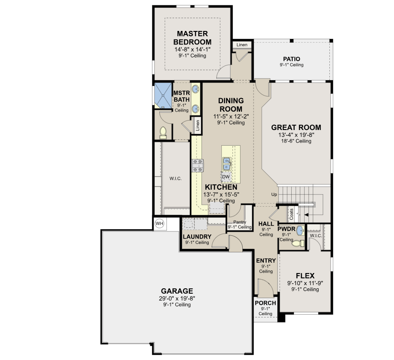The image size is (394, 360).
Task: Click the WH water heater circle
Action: point(159,223)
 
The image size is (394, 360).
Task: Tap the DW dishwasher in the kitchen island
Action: point(226,177)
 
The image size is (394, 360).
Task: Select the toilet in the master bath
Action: point(163,133)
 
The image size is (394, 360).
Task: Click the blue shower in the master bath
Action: point(162,95)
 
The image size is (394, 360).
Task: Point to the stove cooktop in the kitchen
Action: point(198,166)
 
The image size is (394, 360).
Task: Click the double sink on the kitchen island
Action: point(227,164)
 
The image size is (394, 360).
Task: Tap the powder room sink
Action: point(300,230)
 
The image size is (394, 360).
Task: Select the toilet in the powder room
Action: point(298,243)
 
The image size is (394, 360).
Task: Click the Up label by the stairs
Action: point(274,194)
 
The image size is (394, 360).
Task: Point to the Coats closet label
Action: point(292,214)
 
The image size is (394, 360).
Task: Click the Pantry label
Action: point(240,222)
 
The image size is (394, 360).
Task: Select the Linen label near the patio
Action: point(242,45)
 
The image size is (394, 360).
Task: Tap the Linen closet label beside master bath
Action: point(198,125)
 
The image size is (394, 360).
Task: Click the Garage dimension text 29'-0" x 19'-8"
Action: point(177,299)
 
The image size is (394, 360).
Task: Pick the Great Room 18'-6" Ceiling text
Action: point(296,141)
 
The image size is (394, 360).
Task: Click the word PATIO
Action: point(292,59)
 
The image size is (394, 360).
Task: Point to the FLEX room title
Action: point(305,276)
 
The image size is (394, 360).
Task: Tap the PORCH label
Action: point(265,303)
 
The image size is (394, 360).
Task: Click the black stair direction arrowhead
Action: point(306,215)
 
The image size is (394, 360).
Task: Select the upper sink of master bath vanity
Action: point(196,89)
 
